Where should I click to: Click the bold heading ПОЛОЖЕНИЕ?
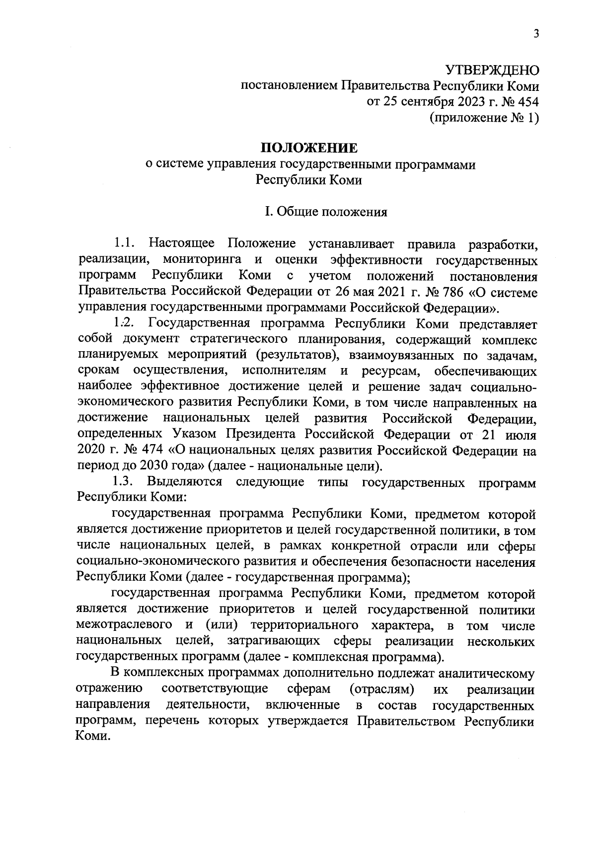pos(309,148)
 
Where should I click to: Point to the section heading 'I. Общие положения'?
pos(326,212)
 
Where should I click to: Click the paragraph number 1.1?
pos(124,243)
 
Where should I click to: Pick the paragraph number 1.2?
pos(124,323)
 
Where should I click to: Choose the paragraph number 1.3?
pos(124,482)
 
